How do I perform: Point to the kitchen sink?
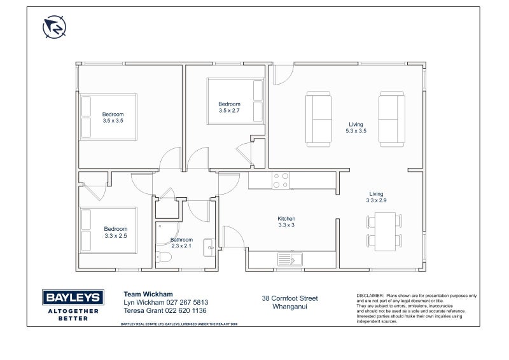(x=291, y=258)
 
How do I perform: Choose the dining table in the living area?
(x=384, y=230)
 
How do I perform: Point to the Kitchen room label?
(x=286, y=218)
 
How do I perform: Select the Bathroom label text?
(x=181, y=240)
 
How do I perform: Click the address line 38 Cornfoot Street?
(x=289, y=298)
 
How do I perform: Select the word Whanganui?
(x=289, y=306)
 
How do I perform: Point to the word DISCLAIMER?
(x=370, y=296)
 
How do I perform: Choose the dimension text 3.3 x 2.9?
(x=376, y=200)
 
